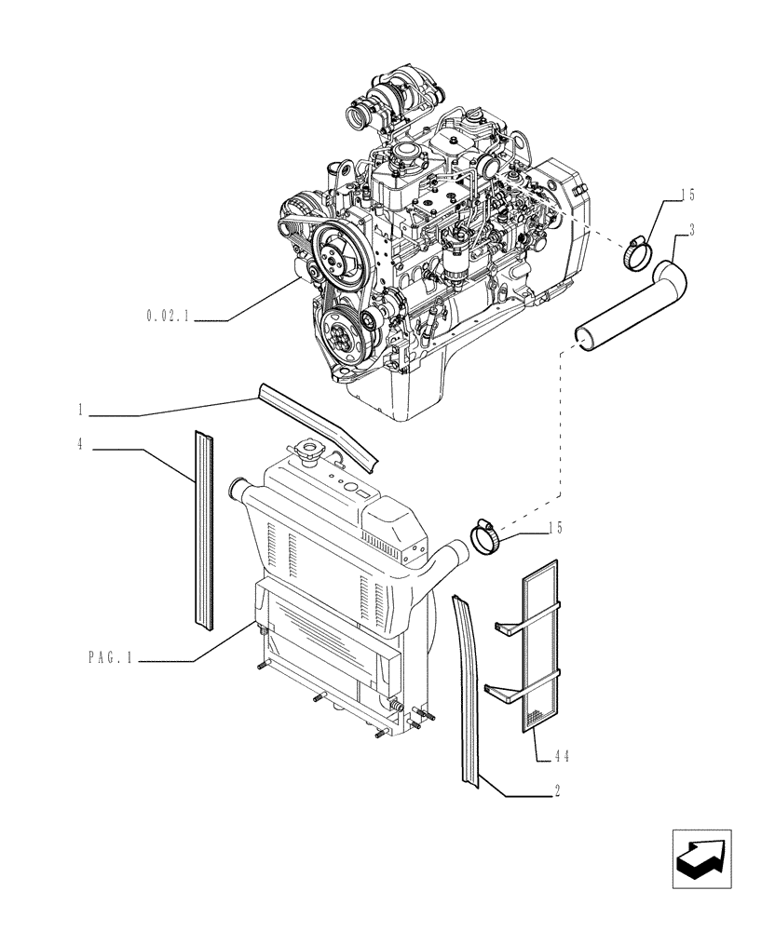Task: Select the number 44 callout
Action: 558,758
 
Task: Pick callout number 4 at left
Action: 82,445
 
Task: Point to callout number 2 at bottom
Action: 556,791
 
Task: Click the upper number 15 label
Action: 687,196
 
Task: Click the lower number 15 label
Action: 554,528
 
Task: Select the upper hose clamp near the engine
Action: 639,250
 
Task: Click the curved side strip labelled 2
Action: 466,689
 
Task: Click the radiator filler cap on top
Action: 307,452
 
